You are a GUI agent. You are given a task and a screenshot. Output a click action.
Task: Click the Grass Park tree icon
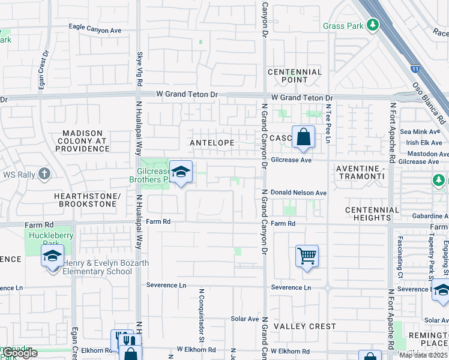373,25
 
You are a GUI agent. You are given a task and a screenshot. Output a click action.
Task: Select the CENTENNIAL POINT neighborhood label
295,76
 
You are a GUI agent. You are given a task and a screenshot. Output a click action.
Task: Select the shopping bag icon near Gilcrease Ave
304,137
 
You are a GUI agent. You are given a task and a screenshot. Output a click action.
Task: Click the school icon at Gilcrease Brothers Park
180,172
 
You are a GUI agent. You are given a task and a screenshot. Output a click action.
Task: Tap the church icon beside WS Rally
44,175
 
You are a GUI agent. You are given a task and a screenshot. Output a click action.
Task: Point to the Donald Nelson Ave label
298,193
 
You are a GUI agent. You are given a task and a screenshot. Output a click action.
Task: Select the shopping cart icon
307,256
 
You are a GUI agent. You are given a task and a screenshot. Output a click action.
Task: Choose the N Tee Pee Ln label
328,123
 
